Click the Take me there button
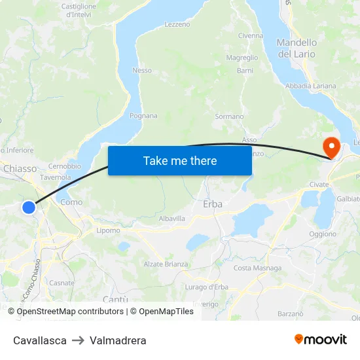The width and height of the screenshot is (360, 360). [180, 160]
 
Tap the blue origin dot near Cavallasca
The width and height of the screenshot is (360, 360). [28, 207]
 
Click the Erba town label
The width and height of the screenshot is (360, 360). [213, 204]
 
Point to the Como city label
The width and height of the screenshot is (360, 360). [71, 202]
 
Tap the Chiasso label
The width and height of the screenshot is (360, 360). [20, 169]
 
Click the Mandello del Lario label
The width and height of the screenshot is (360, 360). [297, 48]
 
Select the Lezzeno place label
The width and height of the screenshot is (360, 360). [177, 24]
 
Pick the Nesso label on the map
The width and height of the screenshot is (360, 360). [142, 71]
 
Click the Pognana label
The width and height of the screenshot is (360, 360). [143, 116]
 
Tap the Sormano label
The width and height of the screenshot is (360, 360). [229, 117]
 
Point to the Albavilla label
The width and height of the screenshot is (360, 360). [172, 219]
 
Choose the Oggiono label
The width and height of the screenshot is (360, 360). [323, 234]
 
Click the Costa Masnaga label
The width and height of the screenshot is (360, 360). [258, 268]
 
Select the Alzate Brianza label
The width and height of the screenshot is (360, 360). [166, 264]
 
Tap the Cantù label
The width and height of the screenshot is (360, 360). [115, 299]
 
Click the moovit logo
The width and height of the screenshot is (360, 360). [321, 340]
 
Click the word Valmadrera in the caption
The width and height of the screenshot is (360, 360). [118, 340]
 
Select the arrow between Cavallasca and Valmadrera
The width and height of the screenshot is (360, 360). [78, 340]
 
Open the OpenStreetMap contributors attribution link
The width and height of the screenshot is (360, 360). [69, 312]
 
